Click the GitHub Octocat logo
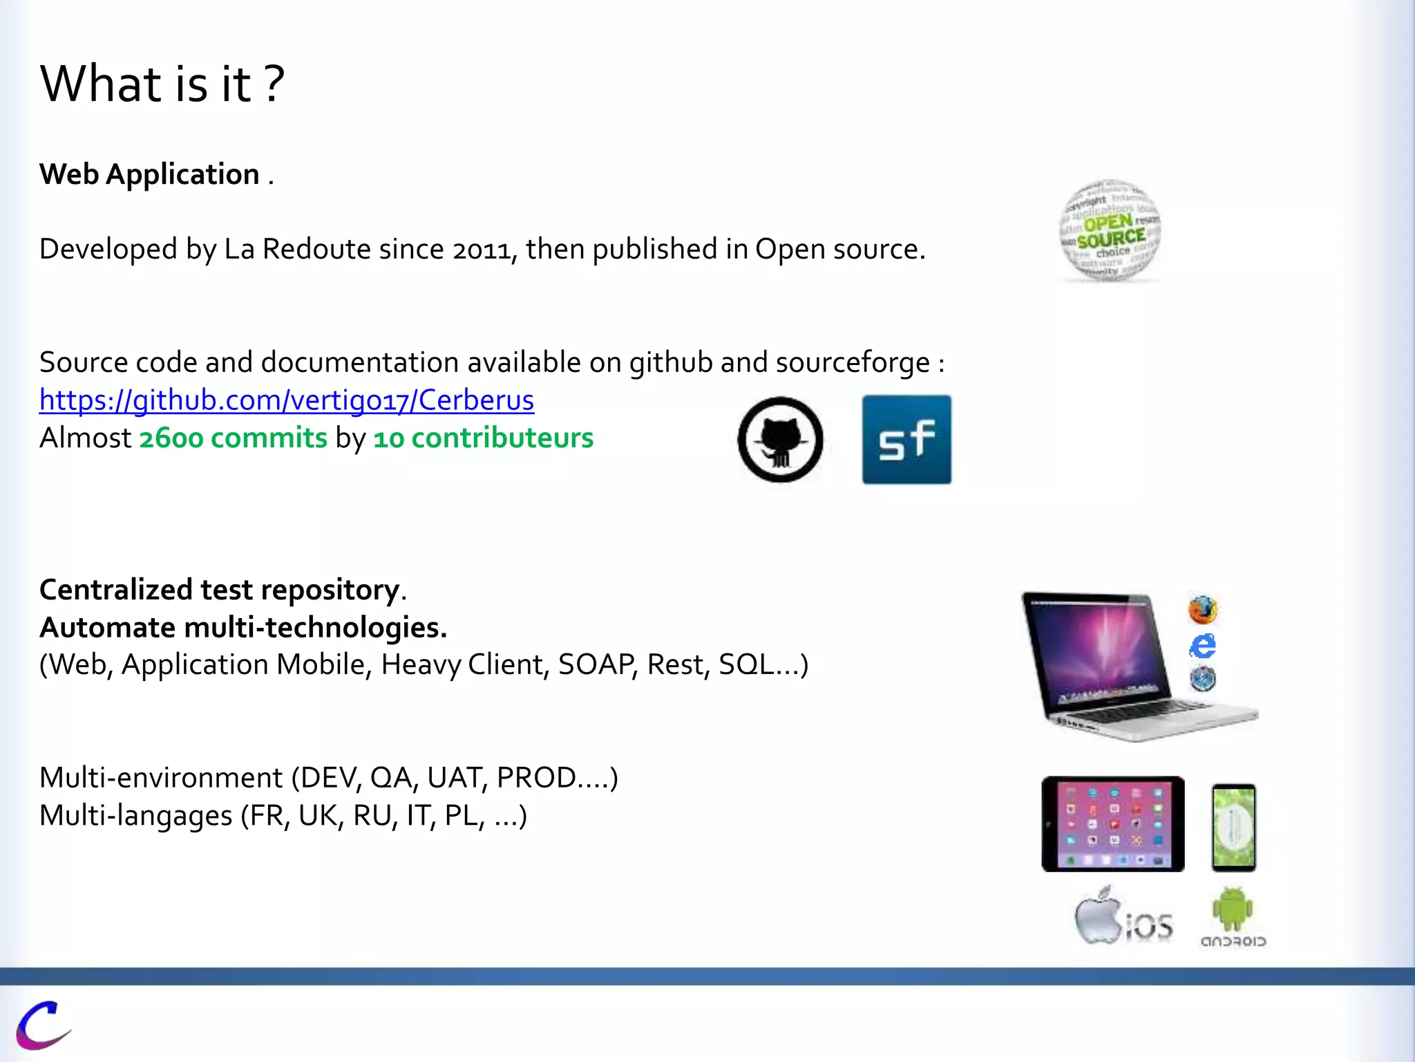click(780, 440)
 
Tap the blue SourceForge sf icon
click(906, 440)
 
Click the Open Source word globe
click(1110, 231)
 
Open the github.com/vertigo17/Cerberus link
click(287, 400)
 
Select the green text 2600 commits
click(233, 438)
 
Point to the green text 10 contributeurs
click(483, 438)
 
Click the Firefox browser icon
click(1203, 609)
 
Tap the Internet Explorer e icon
click(1203, 646)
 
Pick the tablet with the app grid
click(1113, 823)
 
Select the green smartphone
click(1234, 827)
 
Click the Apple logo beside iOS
click(1098, 916)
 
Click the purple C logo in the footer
click(42, 1024)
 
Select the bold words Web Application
click(149, 174)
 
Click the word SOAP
click(596, 664)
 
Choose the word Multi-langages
click(136, 816)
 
